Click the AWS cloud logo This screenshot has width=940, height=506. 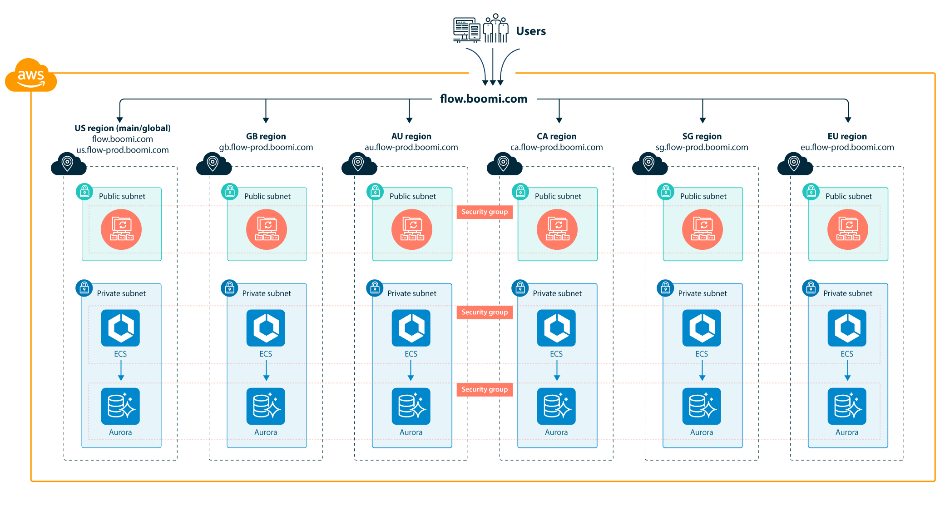coord(31,75)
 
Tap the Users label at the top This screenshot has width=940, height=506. coord(530,31)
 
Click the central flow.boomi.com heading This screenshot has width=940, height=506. coord(484,99)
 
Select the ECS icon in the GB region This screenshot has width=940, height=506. coord(266,328)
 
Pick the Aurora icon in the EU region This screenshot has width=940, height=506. coord(847,406)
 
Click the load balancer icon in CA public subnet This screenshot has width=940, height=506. coord(557,229)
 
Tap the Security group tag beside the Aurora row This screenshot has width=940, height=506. coord(485,390)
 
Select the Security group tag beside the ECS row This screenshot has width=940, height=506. coord(485,313)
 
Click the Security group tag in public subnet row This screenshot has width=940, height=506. coord(485,212)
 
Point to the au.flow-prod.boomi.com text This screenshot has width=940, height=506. coord(411,147)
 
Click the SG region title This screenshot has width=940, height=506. coord(702,136)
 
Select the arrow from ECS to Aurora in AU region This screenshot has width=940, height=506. coord(411,370)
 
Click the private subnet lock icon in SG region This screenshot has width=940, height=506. coord(665,288)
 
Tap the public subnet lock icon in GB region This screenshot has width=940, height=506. coord(230,192)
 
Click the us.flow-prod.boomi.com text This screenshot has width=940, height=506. coord(122,150)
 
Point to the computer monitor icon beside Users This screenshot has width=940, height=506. coord(466,30)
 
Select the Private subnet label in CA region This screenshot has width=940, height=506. coord(557,293)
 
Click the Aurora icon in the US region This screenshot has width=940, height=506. coord(120,406)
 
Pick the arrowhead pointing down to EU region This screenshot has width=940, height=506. coord(848,120)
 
